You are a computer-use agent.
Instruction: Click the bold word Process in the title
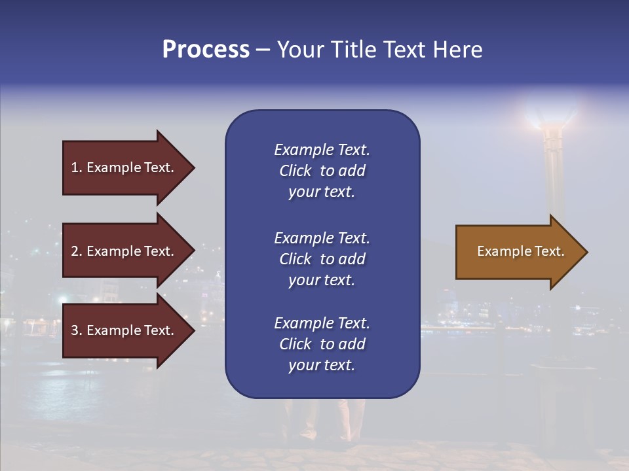coord(206,50)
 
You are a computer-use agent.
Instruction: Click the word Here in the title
coord(457,50)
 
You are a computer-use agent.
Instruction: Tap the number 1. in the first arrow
coord(77,167)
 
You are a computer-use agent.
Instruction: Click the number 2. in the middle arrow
coord(77,251)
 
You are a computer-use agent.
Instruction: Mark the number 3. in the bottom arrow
coord(77,330)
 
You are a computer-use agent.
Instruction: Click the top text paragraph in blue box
coord(322,171)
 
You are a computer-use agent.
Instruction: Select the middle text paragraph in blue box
coord(322,259)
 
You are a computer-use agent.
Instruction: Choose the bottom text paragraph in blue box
coord(322,344)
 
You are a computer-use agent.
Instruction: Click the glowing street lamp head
coord(551,115)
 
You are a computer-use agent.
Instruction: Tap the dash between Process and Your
coord(263,50)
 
